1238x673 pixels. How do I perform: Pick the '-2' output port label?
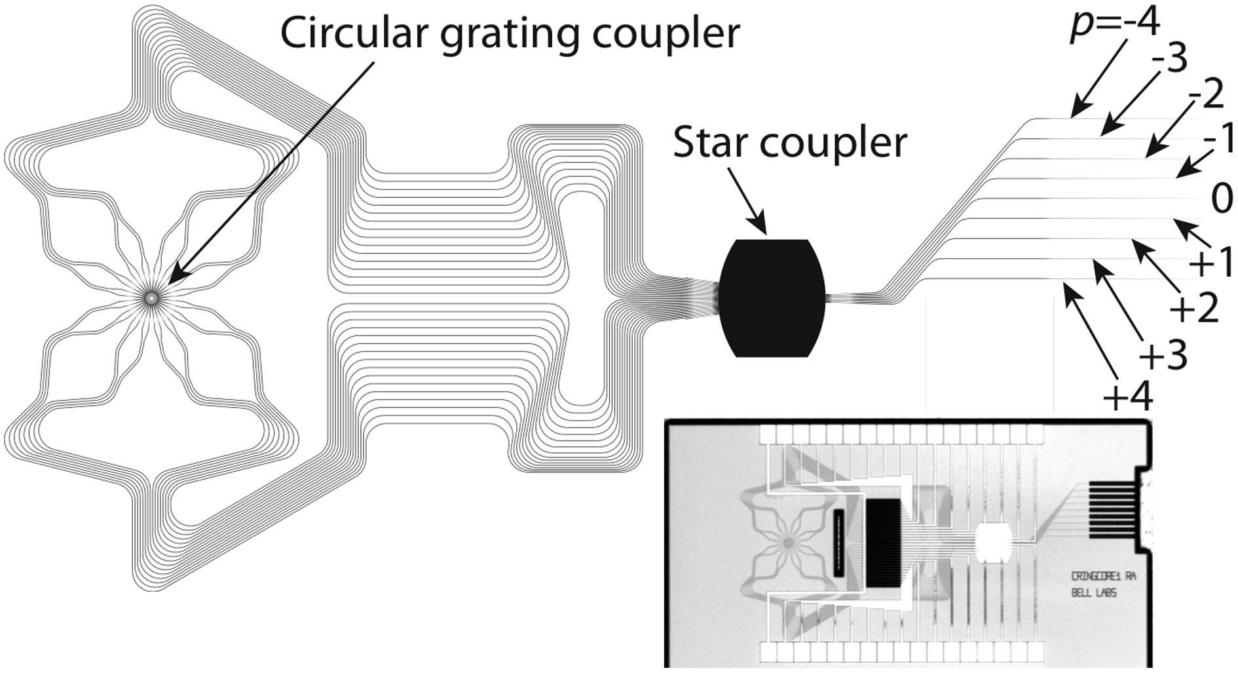pos(1205,96)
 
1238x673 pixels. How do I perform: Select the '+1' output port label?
pos(1211,263)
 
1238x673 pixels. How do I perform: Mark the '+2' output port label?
pos(1193,308)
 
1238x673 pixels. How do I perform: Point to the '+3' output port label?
pos(1163,356)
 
